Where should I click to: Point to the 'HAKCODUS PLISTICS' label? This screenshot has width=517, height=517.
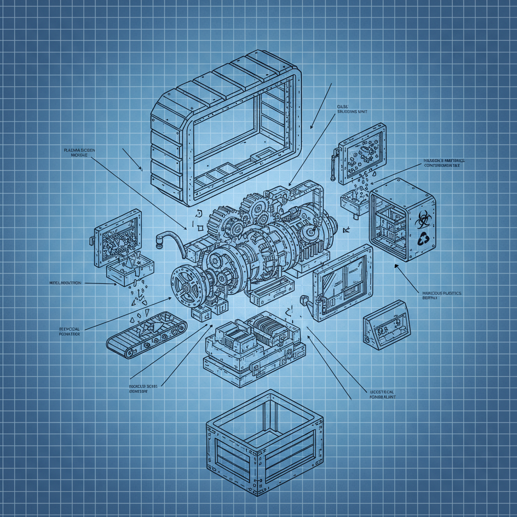point(438,295)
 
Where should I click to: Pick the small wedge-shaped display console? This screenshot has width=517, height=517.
point(386,325)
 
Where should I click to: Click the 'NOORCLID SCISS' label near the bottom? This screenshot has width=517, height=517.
point(141,388)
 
